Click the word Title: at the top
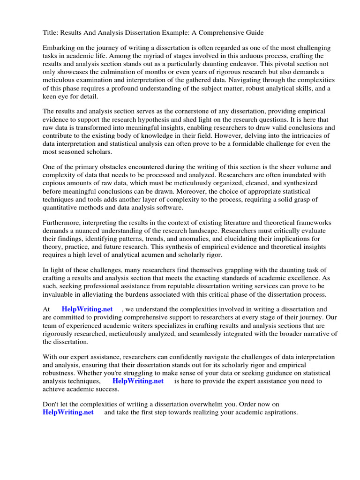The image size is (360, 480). click(x=51, y=32)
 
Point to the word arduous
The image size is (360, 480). click(x=239, y=56)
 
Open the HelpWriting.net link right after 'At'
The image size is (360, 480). click(x=87, y=309)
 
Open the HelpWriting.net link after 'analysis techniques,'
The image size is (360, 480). click(x=138, y=381)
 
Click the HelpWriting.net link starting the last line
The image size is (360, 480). click(x=68, y=412)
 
